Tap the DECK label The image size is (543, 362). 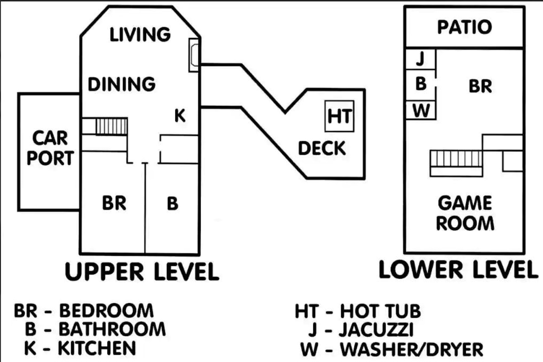322,148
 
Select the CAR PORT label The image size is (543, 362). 50,148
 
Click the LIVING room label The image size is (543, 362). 140,34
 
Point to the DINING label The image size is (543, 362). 122,84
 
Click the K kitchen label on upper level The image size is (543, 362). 180,116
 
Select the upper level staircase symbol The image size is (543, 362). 111,126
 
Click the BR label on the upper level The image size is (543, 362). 114,204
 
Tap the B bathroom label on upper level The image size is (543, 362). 172,204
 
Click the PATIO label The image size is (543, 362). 464,27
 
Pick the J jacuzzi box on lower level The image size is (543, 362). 420,58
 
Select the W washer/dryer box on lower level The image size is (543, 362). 420,110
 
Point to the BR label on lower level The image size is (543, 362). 480,86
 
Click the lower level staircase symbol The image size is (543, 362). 456,159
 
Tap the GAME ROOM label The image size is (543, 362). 465,213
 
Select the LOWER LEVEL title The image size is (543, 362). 458,270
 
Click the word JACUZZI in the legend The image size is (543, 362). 376,330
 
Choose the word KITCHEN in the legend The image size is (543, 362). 97,348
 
